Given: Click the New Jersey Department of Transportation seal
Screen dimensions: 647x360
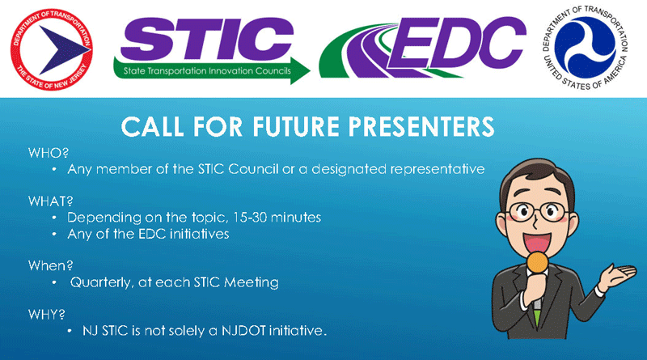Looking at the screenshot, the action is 52,49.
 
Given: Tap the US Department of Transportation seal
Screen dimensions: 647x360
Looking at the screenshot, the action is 585,48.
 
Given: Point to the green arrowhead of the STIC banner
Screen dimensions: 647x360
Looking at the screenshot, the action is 300,70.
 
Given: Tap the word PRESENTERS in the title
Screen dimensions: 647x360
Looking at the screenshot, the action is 421,126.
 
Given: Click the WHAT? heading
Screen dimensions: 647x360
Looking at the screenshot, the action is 50,201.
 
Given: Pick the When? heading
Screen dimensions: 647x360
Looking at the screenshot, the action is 50,265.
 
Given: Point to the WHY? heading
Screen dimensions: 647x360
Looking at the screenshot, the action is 47,314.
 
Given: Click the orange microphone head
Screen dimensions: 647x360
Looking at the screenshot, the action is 538,262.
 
